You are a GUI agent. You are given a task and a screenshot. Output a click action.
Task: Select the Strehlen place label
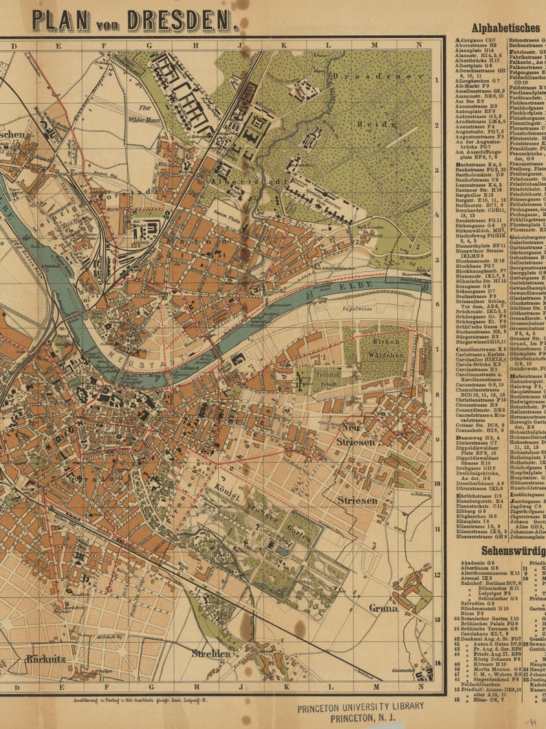(x=211, y=653)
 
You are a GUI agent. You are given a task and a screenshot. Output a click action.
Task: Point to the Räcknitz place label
(x=45, y=658)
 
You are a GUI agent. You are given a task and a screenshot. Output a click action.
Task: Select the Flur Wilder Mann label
(x=143, y=113)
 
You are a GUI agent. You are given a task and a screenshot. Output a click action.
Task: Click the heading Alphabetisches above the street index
(x=505, y=28)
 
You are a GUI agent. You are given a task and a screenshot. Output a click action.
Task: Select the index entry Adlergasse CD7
(x=476, y=40)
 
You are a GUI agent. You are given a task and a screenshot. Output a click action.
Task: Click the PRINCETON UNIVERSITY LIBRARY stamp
(x=360, y=708)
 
